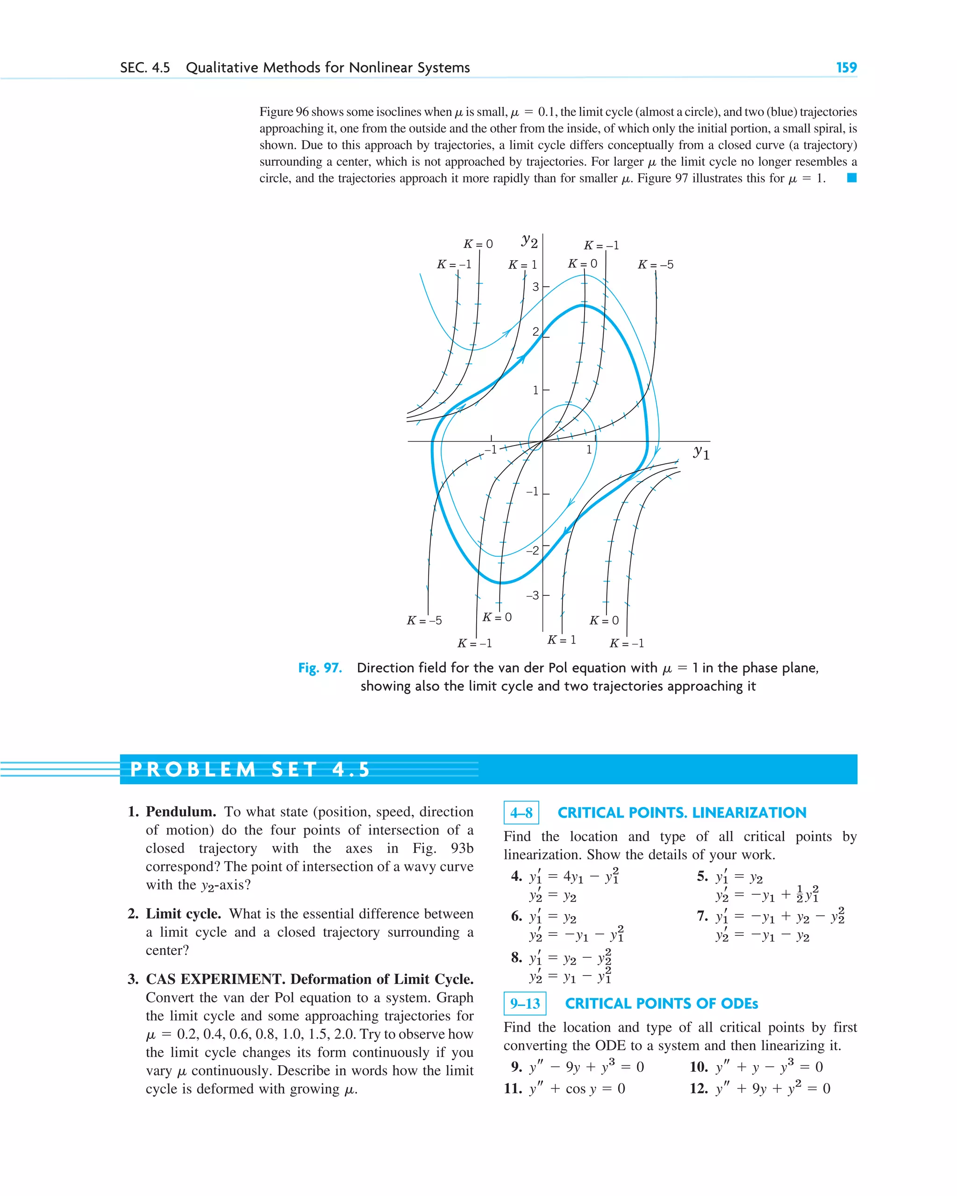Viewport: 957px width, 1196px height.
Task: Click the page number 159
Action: coord(846,68)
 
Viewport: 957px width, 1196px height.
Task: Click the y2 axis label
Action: coord(529,241)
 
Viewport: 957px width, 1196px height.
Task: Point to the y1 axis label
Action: coord(701,452)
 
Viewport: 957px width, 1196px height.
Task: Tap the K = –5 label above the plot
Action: coord(655,265)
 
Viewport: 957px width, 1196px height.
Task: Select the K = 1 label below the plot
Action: coord(561,640)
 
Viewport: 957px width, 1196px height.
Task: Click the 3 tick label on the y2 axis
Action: coord(536,287)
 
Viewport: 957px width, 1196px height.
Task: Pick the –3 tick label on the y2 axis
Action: coord(532,595)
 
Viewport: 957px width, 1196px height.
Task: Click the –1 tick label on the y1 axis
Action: coord(490,449)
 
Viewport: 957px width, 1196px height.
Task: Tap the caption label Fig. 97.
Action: coord(320,667)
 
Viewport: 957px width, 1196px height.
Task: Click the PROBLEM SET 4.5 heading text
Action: coord(250,770)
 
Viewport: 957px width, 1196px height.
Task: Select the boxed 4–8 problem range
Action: coord(521,813)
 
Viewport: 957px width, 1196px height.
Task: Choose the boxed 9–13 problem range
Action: coord(525,1004)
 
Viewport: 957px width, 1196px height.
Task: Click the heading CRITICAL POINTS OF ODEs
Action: coord(661,1004)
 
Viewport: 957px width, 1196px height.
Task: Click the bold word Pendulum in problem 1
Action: coord(180,812)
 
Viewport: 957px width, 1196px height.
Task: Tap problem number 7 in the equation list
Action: coord(702,916)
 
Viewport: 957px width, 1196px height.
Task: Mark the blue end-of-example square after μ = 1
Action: coord(851,178)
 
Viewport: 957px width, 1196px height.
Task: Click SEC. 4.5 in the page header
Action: coord(145,68)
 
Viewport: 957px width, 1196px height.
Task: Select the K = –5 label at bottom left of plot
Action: coord(424,620)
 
